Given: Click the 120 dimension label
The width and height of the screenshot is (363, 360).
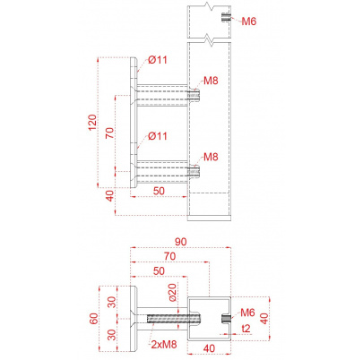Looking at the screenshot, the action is tap(92, 122).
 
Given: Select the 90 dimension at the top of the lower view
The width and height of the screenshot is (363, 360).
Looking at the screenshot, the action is tap(181, 242).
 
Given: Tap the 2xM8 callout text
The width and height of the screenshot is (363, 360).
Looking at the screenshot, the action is tap(164, 344).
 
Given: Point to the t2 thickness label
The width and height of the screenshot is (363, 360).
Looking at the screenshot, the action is tap(246, 329).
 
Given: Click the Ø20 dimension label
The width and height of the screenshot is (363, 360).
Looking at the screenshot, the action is tap(172, 292).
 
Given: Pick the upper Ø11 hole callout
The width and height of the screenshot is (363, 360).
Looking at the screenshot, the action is tap(158, 60).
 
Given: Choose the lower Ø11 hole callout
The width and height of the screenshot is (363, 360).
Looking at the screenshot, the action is tap(158, 136).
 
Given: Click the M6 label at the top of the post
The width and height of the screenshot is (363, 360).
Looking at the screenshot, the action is tap(249, 21).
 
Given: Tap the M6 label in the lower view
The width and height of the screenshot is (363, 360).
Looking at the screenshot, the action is tap(247, 313).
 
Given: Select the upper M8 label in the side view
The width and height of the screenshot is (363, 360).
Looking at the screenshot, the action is tap(211, 81).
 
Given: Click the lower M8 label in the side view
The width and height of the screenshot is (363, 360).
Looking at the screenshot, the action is tap(211, 157).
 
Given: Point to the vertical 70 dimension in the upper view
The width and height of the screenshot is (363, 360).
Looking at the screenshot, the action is tap(110, 133).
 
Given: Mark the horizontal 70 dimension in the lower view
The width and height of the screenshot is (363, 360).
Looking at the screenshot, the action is tap(169, 256).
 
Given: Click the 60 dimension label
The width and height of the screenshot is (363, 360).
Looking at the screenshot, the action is tap(93, 319).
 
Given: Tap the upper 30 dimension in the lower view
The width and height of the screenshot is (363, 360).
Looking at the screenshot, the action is tap(112, 302).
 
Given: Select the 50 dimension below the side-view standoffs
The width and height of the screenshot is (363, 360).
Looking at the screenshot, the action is tap(159, 191).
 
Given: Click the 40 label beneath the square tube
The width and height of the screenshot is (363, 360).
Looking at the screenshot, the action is tap(209, 348).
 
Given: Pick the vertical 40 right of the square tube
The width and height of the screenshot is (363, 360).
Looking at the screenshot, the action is tap(264, 318).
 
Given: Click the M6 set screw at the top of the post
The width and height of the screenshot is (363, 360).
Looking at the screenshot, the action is tap(226, 17).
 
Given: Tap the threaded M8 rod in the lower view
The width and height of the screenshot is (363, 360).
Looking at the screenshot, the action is tap(174, 319).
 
